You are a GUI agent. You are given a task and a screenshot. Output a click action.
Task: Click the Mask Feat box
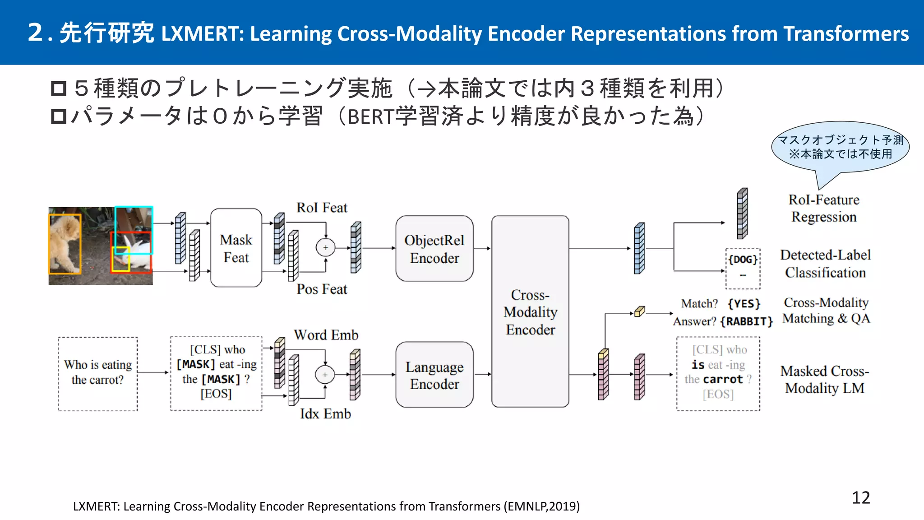coord(236,248)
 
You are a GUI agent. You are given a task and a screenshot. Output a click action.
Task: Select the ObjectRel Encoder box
coord(434,249)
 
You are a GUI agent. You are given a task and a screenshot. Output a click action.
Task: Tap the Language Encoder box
coord(434,375)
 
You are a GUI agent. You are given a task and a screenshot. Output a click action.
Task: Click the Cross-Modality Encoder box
coord(530,311)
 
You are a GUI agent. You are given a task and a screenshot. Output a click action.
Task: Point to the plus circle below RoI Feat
coord(325,247)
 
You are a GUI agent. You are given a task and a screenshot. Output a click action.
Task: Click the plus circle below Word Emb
coord(325,375)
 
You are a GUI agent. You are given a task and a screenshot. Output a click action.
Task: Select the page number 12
coord(860,497)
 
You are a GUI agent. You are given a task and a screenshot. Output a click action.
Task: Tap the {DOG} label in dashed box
coord(743,260)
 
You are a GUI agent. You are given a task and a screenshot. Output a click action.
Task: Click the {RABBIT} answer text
coord(746,321)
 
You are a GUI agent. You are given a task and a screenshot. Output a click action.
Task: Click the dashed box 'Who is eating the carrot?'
coord(97,373)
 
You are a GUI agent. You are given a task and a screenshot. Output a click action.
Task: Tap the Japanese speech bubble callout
coord(840,147)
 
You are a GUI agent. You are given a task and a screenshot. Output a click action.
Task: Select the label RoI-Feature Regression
coord(823,208)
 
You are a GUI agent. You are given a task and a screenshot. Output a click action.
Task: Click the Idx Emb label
coord(325,413)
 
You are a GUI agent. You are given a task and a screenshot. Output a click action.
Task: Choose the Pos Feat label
coord(322,289)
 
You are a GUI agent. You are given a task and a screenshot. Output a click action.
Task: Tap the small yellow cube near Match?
coord(639,311)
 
